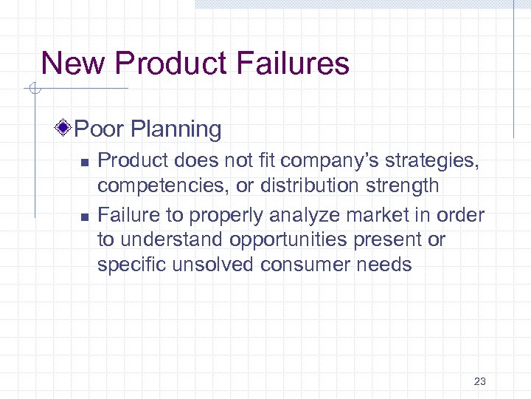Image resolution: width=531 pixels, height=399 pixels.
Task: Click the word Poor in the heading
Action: tap(100, 129)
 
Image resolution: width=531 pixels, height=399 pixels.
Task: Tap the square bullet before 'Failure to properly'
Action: tap(85, 216)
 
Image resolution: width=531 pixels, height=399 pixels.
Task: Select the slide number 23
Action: tap(480, 381)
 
